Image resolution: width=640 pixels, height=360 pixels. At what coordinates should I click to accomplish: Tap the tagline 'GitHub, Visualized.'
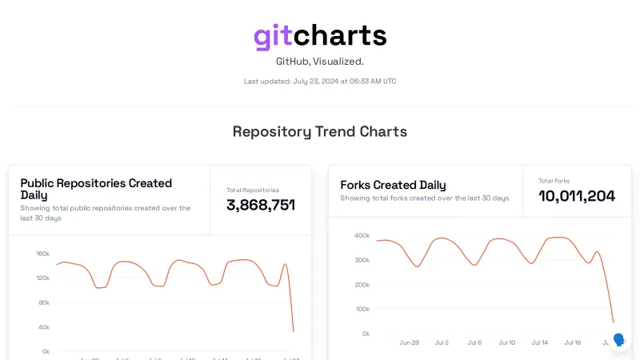tap(320, 61)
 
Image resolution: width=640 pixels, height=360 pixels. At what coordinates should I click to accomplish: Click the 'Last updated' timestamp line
tap(320, 81)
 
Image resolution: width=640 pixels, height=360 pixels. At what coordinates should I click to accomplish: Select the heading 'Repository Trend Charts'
tap(320, 131)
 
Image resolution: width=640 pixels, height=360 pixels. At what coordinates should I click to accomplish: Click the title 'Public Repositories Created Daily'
tap(96, 189)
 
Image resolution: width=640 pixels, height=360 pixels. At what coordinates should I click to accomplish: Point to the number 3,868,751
tap(261, 205)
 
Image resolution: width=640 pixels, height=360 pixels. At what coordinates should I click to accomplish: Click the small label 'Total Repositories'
tap(253, 190)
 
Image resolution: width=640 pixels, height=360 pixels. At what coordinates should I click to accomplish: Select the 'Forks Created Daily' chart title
tap(393, 185)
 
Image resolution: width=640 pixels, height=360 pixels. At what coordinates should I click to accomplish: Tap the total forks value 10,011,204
tap(577, 196)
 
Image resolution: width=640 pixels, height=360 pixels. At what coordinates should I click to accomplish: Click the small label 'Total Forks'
tap(554, 181)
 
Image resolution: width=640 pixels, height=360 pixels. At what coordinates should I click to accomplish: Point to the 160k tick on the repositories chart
tap(42, 254)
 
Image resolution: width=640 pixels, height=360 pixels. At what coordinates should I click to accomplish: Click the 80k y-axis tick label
tap(44, 302)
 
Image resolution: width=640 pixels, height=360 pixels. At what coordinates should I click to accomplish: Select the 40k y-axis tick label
tap(44, 327)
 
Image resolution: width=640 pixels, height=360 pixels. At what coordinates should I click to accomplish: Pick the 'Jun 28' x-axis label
tap(409, 342)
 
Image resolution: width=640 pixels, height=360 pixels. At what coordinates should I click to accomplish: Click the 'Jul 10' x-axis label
tap(507, 342)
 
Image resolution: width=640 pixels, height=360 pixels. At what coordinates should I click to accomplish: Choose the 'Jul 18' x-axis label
tap(573, 342)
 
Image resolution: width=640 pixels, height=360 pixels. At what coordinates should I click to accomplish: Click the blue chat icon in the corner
tap(618, 339)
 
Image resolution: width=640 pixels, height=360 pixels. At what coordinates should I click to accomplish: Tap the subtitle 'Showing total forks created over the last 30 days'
tap(424, 198)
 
